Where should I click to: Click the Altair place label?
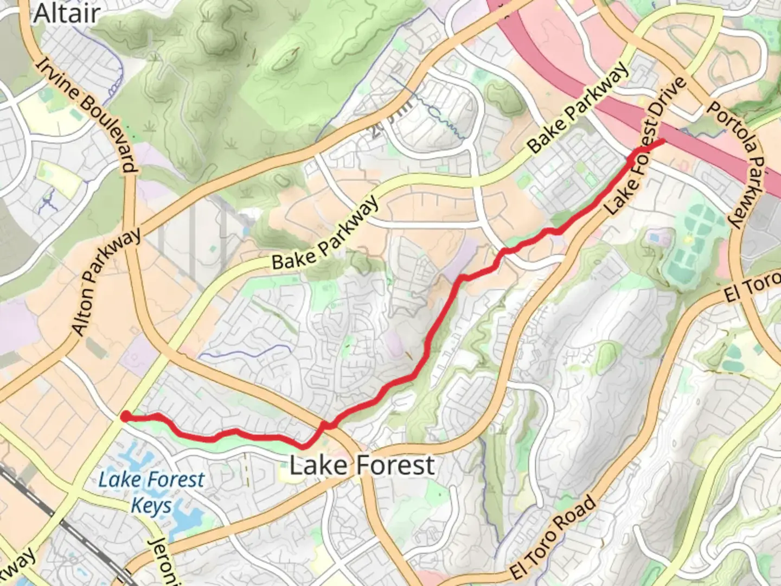[x=67, y=13]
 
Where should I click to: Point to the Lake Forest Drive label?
[x=645, y=146]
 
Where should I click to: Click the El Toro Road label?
[x=553, y=537]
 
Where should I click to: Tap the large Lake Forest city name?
[x=362, y=466]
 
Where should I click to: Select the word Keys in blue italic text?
[x=151, y=506]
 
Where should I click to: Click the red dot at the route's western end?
[x=125, y=417]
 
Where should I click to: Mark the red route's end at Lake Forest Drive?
[x=662, y=142]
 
